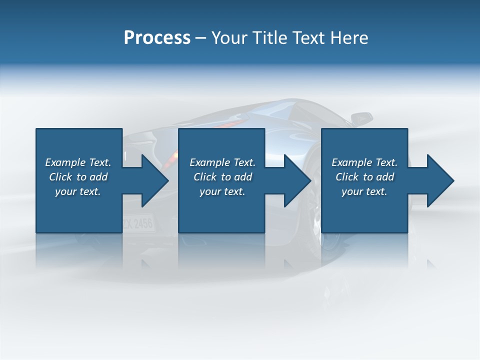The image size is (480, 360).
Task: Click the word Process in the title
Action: tap(157, 38)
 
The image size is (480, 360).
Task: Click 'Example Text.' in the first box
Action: tap(78, 162)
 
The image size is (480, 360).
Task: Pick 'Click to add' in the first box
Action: tap(78, 177)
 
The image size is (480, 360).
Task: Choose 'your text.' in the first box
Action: tap(78, 191)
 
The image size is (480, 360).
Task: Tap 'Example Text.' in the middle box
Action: tap(222, 162)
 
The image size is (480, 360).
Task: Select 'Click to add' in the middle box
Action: tap(222, 177)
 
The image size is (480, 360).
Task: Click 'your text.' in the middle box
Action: tap(222, 191)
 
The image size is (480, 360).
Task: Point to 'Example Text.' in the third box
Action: tap(364, 162)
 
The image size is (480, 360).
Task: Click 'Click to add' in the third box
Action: tap(364, 177)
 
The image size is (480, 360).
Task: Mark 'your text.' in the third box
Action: tap(364, 191)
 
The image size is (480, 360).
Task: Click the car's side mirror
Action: tap(361, 119)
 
